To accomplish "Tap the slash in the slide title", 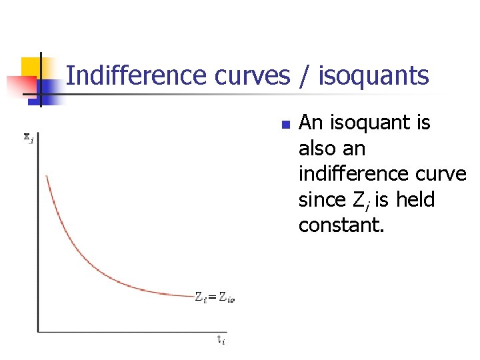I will coord(305,77).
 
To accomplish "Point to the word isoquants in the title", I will coord(374,77).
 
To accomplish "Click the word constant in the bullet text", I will coord(340,225).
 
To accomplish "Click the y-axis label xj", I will coord(29,138).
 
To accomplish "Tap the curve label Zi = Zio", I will coord(215,297).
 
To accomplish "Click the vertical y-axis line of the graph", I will coord(38,233).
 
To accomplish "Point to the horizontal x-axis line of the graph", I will coord(133,331).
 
